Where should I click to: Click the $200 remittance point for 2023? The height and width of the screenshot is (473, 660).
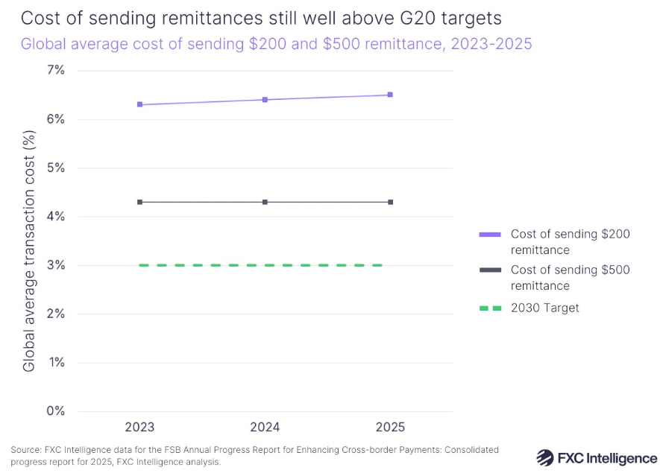pyautogui.click(x=139, y=104)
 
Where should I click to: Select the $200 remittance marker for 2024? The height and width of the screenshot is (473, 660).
pyautogui.click(x=265, y=100)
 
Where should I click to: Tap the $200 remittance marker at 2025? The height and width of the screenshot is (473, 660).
pyautogui.click(x=390, y=95)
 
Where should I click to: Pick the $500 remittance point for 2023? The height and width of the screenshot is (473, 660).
pyautogui.click(x=139, y=202)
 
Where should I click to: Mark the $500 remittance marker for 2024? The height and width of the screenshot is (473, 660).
pyautogui.click(x=265, y=202)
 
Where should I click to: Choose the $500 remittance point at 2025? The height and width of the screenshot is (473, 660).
pyautogui.click(x=390, y=202)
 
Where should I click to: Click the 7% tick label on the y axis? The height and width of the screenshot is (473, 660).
pyautogui.click(x=56, y=71)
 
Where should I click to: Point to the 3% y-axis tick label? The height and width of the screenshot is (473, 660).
pyautogui.click(x=56, y=265)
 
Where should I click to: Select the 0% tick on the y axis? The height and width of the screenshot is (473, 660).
pyautogui.click(x=56, y=411)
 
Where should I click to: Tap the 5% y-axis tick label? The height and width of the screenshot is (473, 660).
pyautogui.click(x=56, y=168)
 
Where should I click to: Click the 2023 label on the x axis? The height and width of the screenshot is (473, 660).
pyautogui.click(x=139, y=427)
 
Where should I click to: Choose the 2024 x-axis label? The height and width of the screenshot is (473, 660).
pyautogui.click(x=265, y=427)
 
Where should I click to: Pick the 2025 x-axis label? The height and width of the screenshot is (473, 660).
pyautogui.click(x=390, y=427)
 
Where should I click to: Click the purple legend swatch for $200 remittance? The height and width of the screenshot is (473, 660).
pyautogui.click(x=490, y=235)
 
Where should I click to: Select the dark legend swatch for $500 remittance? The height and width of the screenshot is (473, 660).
pyautogui.click(x=490, y=270)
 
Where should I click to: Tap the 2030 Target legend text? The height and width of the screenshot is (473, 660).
pyautogui.click(x=544, y=308)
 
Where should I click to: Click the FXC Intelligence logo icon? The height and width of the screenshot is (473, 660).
pyautogui.click(x=545, y=457)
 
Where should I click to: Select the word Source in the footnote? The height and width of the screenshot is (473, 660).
pyautogui.click(x=24, y=450)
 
